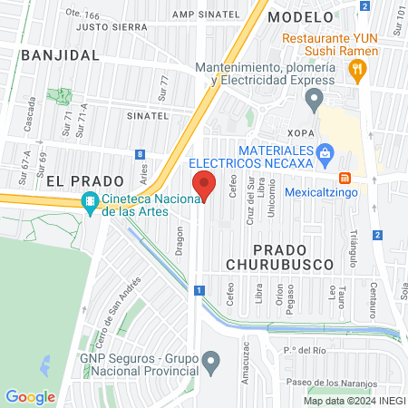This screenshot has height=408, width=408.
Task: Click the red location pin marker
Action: [205, 186]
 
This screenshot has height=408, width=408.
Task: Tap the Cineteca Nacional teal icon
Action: [90, 203]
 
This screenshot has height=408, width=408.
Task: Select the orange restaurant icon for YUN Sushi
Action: [359, 68]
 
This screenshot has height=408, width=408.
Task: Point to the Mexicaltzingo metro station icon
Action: [344, 178]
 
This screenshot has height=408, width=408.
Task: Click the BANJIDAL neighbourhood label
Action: [59, 54]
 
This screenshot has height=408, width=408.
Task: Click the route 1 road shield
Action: [198, 290]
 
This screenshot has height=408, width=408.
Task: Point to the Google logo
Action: [30, 396]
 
